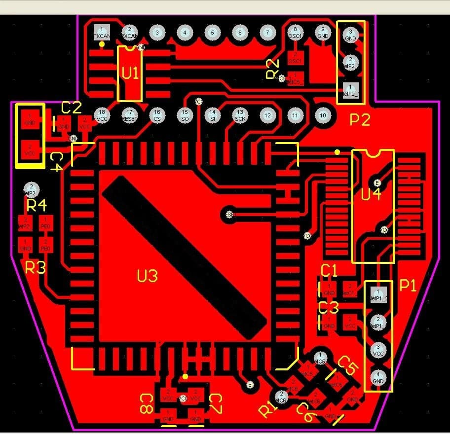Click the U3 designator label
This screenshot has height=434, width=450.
pyautogui.click(x=147, y=276)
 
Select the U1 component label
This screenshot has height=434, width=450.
pyautogui.click(x=130, y=73)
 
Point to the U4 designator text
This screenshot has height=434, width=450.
pyautogui.click(x=371, y=194)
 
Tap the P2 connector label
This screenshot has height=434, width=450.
pyautogui.click(x=360, y=120)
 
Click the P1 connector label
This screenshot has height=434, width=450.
pyautogui.click(x=408, y=286)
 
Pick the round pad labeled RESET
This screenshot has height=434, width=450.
pyautogui.click(x=129, y=115)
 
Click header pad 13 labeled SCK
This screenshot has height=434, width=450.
pyautogui.click(x=240, y=115)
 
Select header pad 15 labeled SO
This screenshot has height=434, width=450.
pyautogui.click(x=185, y=115)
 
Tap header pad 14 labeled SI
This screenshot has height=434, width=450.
pyautogui.click(x=213, y=115)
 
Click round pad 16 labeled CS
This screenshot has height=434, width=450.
pyautogui.click(x=157, y=115)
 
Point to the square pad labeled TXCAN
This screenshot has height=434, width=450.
pyautogui.click(x=101, y=33)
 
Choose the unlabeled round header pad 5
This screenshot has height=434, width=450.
pyautogui.click(x=212, y=33)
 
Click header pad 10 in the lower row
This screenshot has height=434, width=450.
pyautogui.click(x=323, y=115)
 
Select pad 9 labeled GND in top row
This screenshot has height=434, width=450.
pyautogui.click(x=323, y=33)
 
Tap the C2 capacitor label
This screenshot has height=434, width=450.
pyautogui.click(x=71, y=108)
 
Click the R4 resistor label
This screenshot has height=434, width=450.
pyautogui.click(x=37, y=204)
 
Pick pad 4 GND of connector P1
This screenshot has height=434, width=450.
pyautogui.click(x=378, y=378)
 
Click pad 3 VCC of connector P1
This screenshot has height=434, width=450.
pyautogui.click(x=378, y=350)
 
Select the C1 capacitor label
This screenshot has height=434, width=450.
pyautogui.click(x=329, y=271)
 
